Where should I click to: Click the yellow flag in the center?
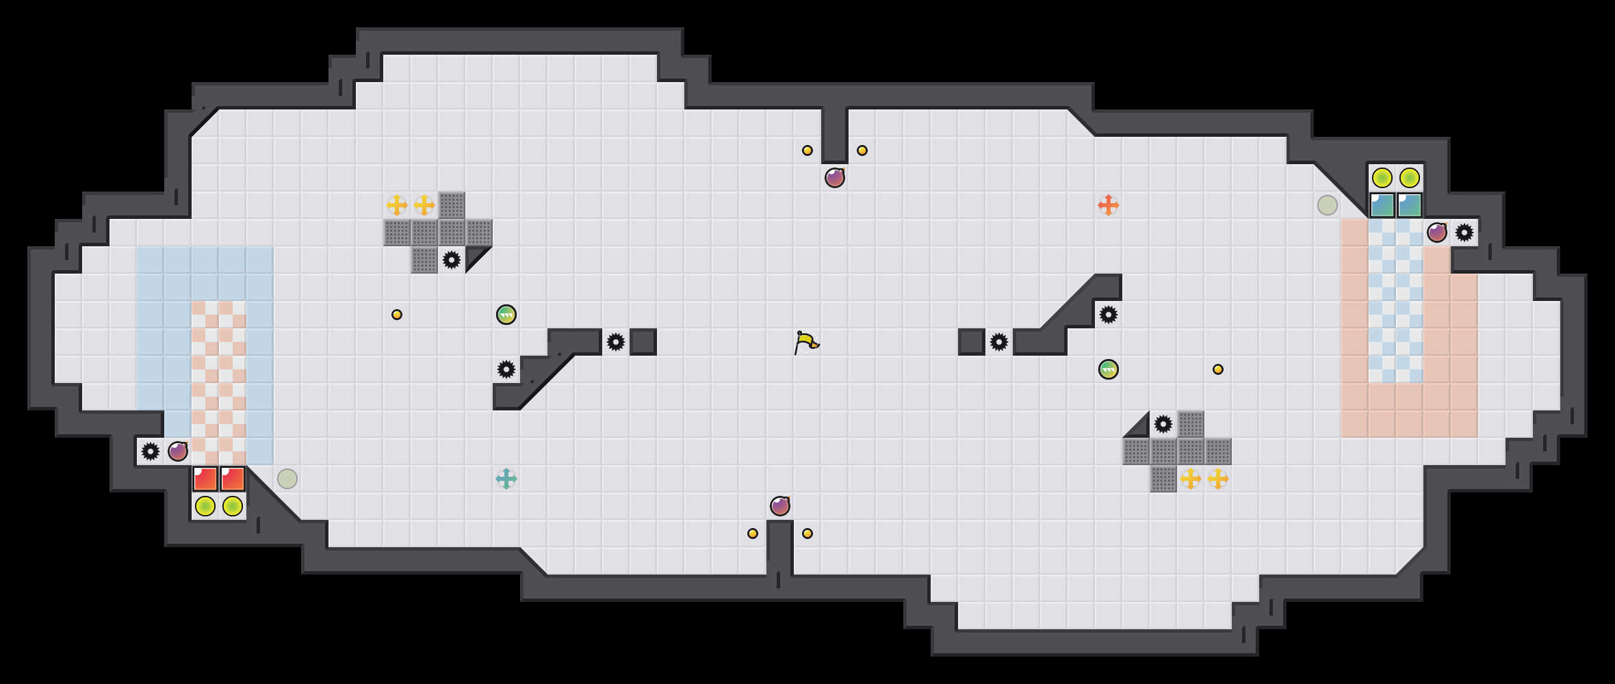tap(806, 342)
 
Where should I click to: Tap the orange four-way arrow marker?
tap(1108, 205)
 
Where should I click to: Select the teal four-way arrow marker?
tap(506, 479)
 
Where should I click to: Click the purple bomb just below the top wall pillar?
tap(834, 178)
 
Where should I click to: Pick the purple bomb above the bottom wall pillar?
tap(779, 506)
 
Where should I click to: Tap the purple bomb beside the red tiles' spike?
tap(177, 451)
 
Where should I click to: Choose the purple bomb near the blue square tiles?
tap(1436, 233)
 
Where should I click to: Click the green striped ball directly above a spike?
tap(506, 315)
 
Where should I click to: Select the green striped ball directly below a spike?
tap(1108, 369)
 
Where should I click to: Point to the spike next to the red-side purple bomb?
tap(150, 451)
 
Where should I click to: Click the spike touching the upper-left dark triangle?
tap(451, 260)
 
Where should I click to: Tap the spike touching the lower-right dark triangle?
tap(1163, 424)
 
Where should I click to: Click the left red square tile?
tap(205, 479)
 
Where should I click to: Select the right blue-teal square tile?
tap(1409, 205)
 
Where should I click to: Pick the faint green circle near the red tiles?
tap(287, 479)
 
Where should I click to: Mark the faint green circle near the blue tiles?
tap(1327, 205)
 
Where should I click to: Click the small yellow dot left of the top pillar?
tap(807, 150)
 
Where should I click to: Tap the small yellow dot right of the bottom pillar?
tap(807, 534)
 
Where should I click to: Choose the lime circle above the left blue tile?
tap(1382, 178)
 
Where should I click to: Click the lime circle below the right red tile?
tap(232, 506)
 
